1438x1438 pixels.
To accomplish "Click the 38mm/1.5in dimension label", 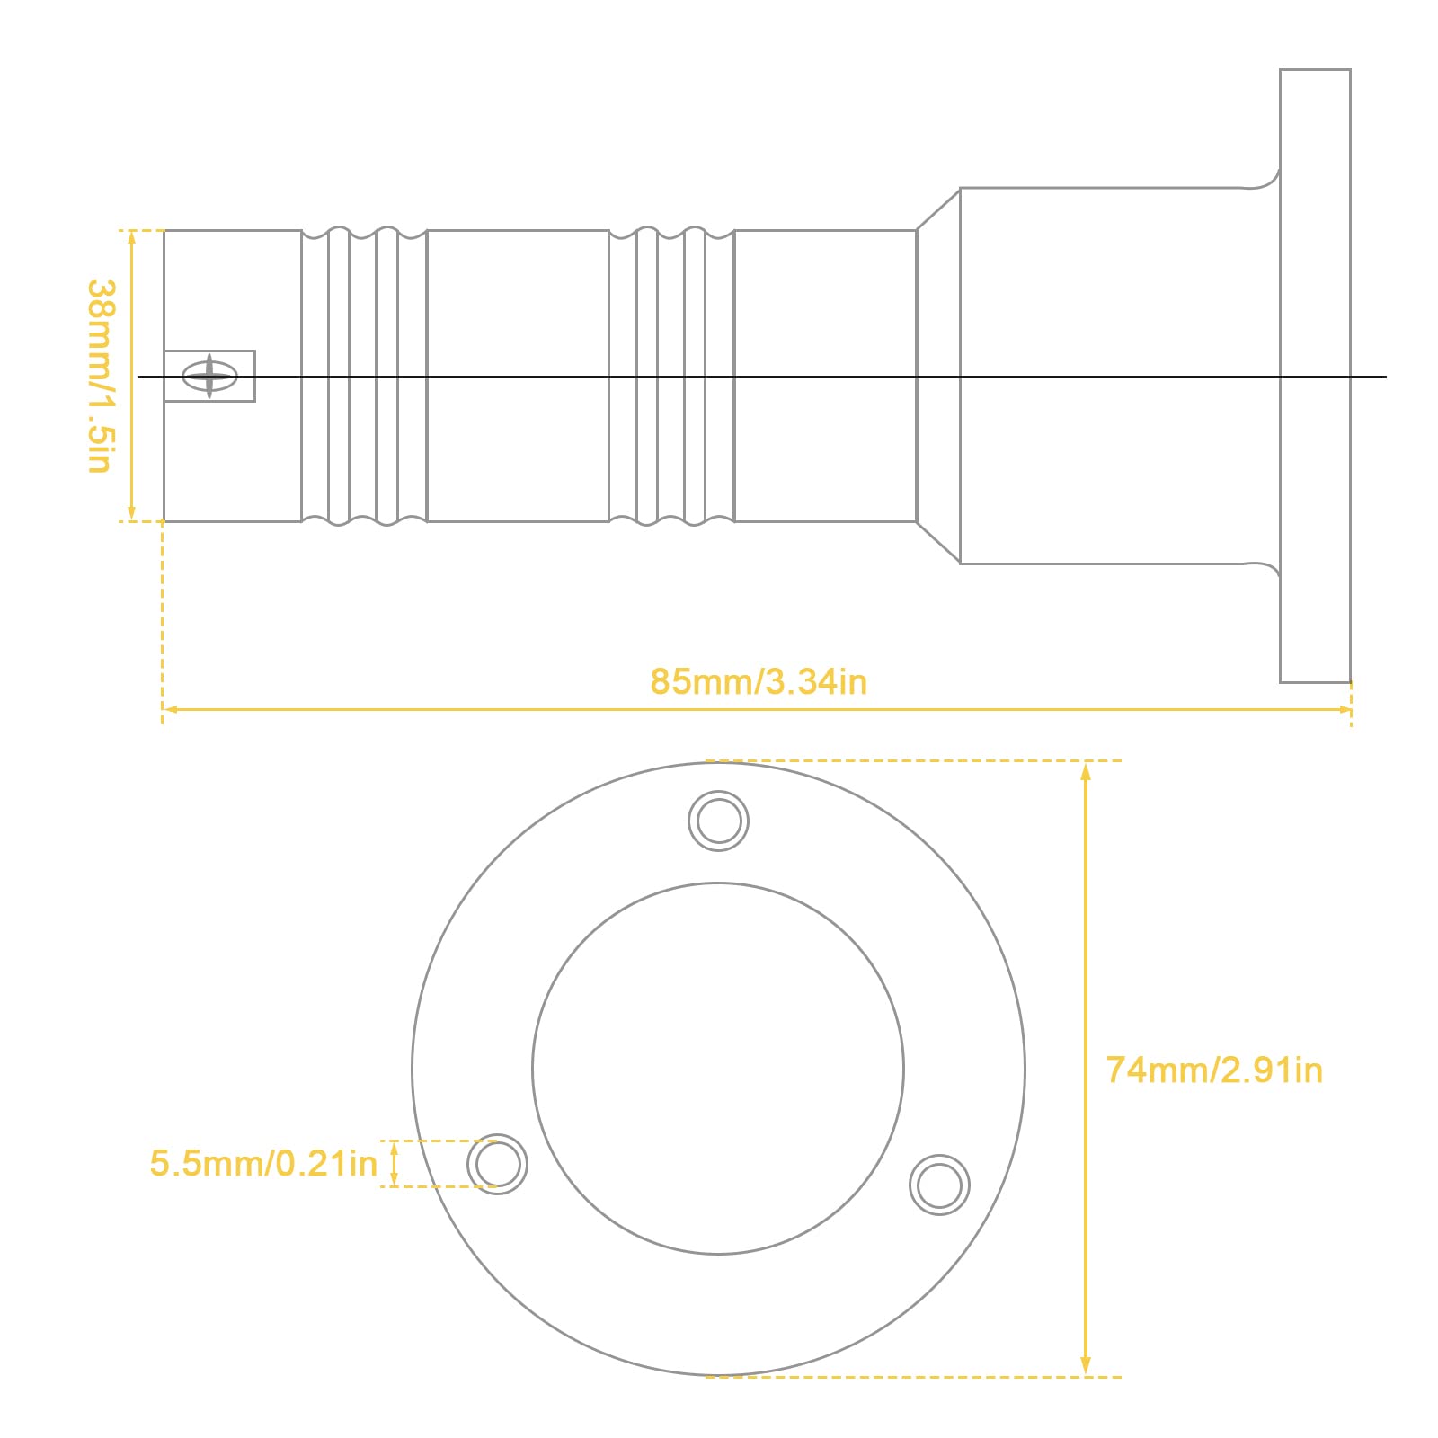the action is (101, 376).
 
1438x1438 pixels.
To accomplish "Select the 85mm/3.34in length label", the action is (759, 681).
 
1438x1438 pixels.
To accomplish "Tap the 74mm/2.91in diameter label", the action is (1214, 1070).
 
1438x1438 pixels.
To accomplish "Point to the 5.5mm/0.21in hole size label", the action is (263, 1163).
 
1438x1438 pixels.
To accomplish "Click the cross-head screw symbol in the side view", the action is (209, 376).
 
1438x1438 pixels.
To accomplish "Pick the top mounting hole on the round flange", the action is (719, 821).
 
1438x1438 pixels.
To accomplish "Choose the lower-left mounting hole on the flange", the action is (498, 1164).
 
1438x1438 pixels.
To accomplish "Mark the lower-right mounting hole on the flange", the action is (939, 1185).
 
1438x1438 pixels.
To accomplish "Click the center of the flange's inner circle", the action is (718, 1069).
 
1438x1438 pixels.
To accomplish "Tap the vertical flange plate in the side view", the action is (1315, 376).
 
